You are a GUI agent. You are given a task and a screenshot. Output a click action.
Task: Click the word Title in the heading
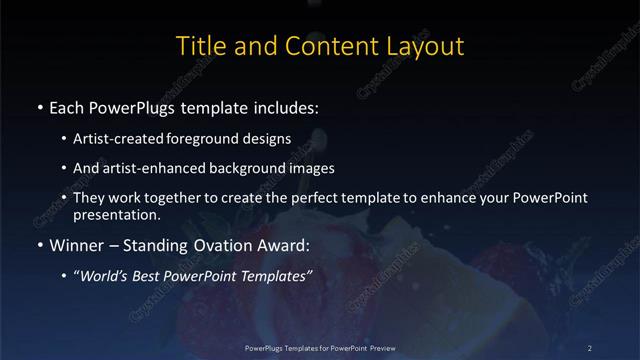(200, 46)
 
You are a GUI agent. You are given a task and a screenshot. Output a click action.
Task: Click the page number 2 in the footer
(590, 347)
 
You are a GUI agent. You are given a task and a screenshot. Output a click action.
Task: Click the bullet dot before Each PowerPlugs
(38, 106)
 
